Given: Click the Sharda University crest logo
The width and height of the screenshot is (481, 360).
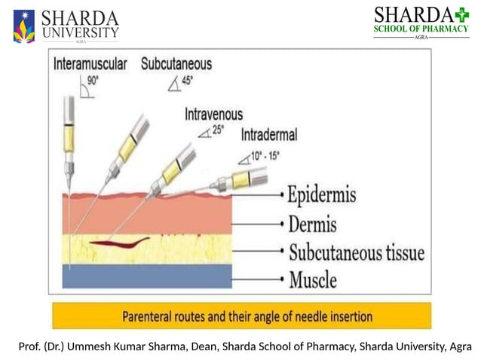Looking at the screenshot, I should [x=23, y=26].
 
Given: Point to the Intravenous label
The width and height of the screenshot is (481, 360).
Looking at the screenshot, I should [x=214, y=114].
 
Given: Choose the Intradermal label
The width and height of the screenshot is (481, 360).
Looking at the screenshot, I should [x=268, y=135].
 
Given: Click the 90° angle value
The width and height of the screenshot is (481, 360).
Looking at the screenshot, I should [x=93, y=79].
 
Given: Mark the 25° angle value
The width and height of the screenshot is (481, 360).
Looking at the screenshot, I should [x=217, y=130].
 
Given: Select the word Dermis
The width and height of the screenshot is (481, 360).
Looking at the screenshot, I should [x=312, y=224].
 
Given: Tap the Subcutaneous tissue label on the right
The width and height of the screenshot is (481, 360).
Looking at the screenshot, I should [x=356, y=253].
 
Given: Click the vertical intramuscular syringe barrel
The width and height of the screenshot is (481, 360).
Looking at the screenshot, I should [x=69, y=136].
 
